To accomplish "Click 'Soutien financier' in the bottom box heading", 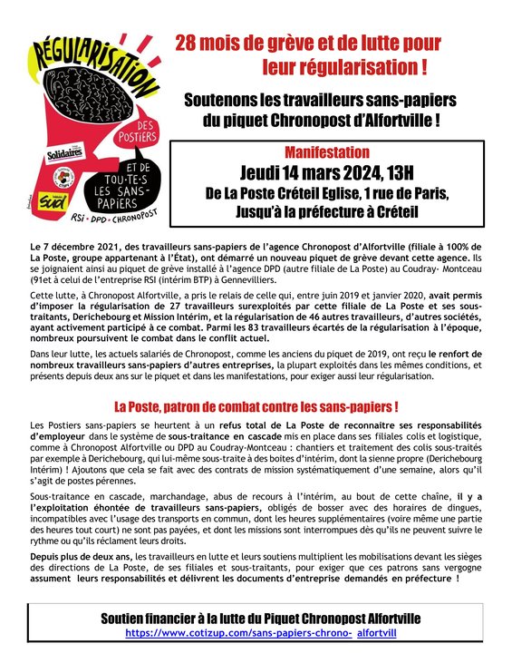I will [159, 618].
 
